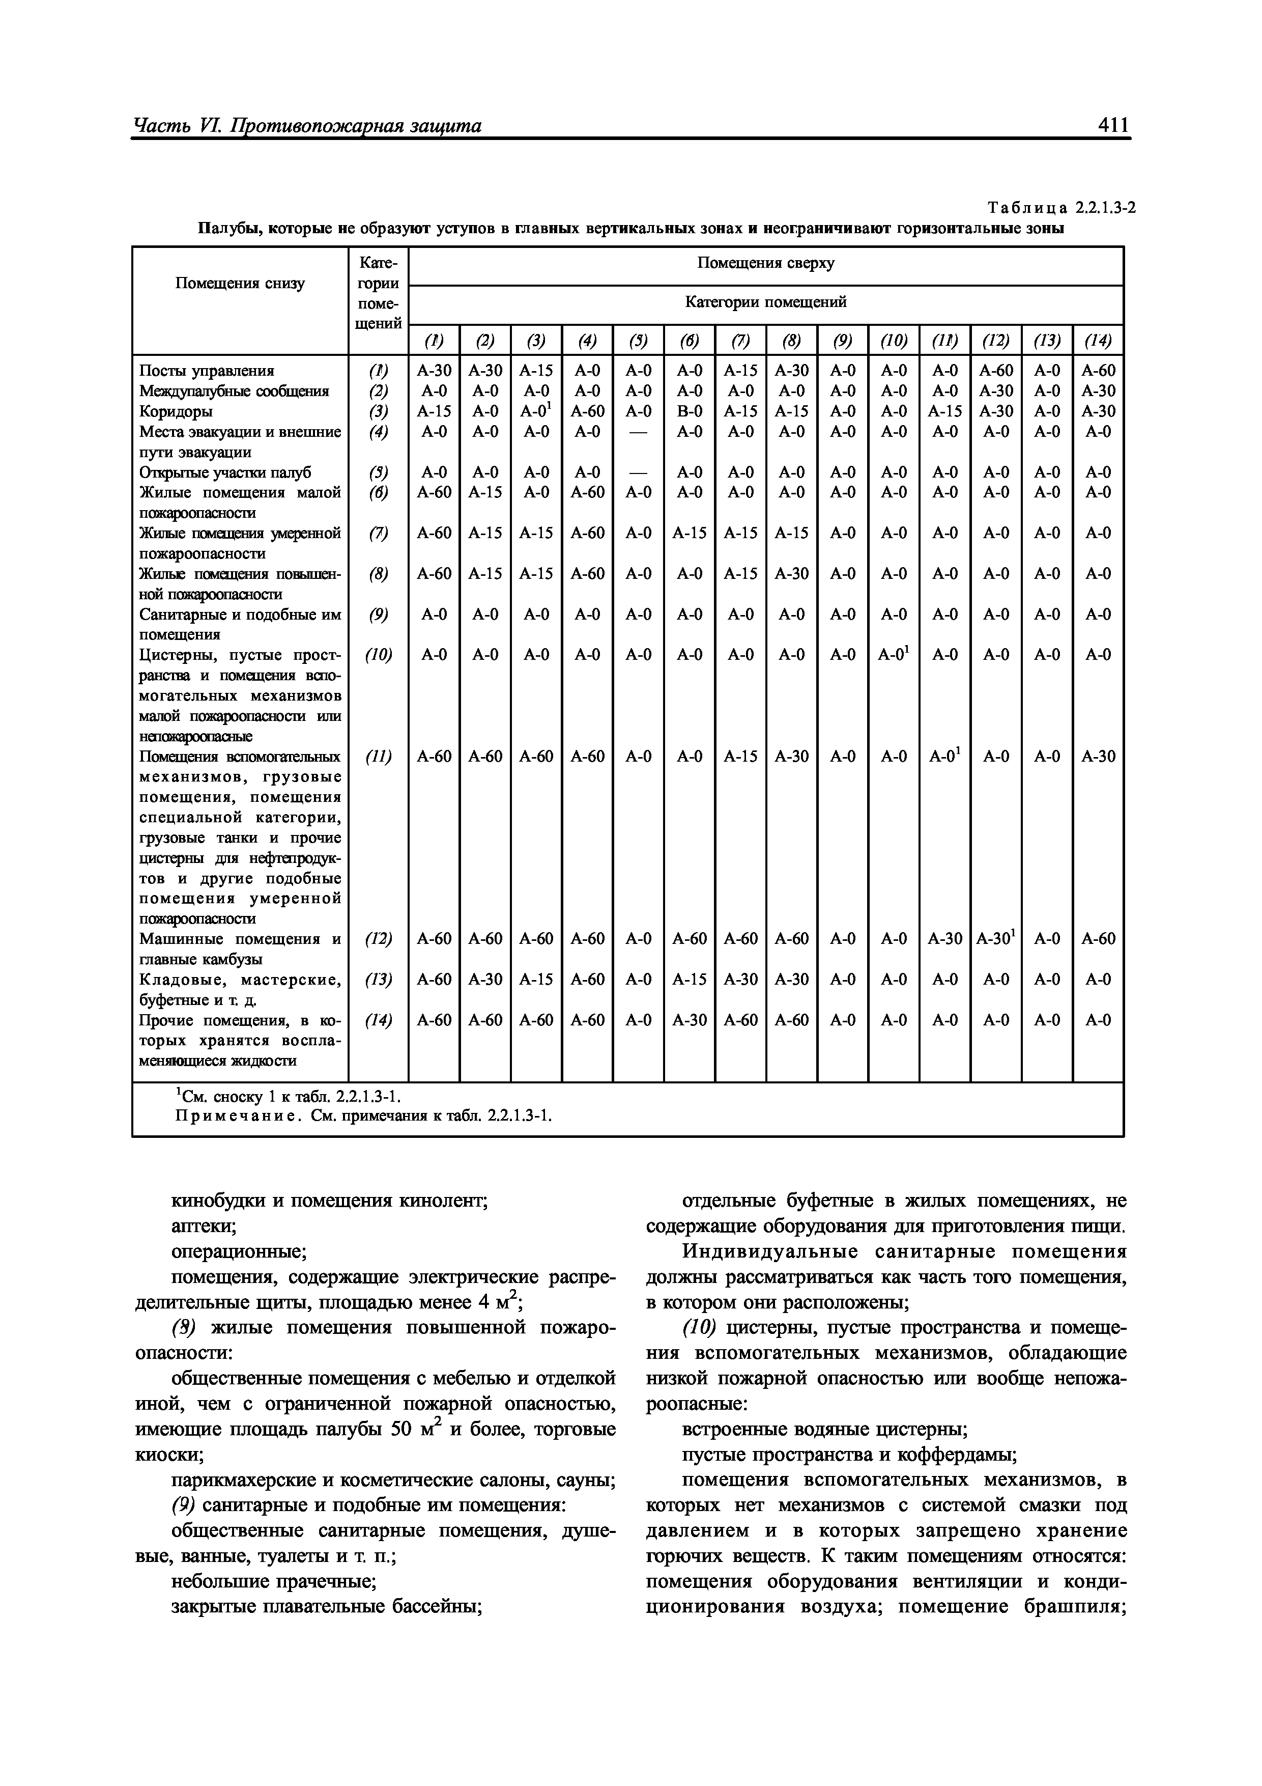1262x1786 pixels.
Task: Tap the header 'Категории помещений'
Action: pyautogui.click(x=765, y=302)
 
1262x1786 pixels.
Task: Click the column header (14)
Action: pyautogui.click(x=1098, y=341)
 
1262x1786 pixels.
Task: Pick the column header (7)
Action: pyautogui.click(x=740, y=341)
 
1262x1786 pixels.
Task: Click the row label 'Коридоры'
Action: pyautogui.click(x=176, y=411)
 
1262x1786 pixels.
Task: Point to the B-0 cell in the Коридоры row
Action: pyautogui.click(x=689, y=411)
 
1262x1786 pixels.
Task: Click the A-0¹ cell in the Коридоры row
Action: pyautogui.click(x=536, y=411)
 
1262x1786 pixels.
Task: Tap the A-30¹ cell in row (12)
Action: pyautogui.click(x=996, y=939)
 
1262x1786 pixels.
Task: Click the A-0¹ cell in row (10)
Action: pyautogui.click(x=894, y=655)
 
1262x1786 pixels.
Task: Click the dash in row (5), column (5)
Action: pyautogui.click(x=639, y=472)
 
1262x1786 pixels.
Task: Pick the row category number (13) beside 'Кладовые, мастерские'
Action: pyautogui.click(x=378, y=980)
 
